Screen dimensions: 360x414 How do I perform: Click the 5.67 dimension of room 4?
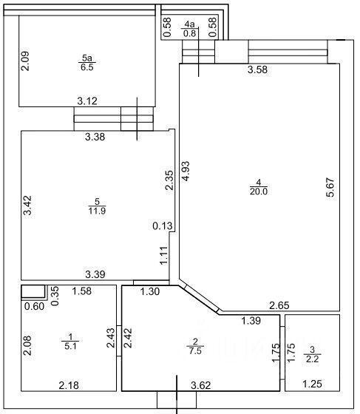tap(330, 188)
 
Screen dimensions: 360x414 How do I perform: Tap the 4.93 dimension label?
tap(186, 171)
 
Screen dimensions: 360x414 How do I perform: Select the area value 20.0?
tap(259, 191)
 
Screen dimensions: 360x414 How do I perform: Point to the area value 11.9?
tap(97, 211)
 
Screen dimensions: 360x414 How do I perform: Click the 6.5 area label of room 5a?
tap(87, 67)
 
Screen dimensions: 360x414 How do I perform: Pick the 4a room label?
tap(189, 24)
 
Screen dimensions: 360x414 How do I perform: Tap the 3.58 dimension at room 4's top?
tap(257, 69)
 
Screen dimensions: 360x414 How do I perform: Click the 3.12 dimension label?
tap(87, 101)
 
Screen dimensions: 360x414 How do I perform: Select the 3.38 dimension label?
tap(95, 137)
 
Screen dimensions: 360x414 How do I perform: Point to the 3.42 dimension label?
tap(27, 206)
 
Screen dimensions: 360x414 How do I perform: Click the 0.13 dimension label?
tap(163, 225)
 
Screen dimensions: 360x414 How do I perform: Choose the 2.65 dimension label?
tap(279, 305)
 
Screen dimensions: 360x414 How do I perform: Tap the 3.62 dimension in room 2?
tap(201, 385)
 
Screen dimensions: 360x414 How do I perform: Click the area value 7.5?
tap(195, 350)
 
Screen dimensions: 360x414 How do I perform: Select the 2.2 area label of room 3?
tap(313, 359)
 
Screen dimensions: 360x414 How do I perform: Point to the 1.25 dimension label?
tap(312, 384)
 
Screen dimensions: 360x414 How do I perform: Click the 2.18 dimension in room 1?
tap(69, 385)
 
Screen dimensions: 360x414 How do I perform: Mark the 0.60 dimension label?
tap(34, 306)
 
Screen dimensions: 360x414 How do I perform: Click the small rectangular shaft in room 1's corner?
tap(33, 292)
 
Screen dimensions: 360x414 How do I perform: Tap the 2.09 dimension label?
tap(25, 61)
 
